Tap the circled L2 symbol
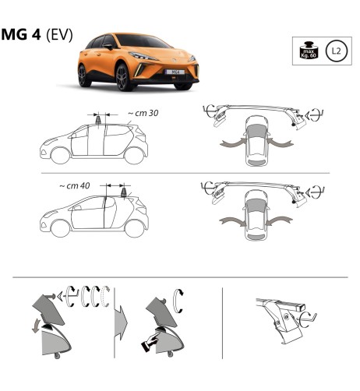coord(335,52)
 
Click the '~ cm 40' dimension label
coord(74,186)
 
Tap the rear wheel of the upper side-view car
coord(134,154)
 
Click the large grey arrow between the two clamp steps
coord(122,319)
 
